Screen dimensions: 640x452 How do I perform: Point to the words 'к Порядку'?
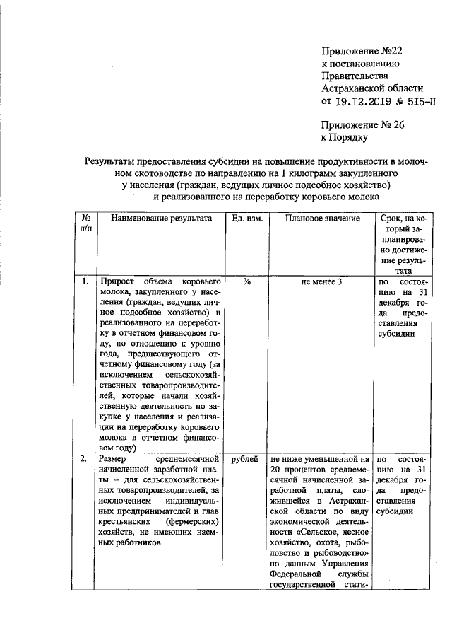[345, 139]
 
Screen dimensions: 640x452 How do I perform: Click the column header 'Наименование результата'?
[156, 219]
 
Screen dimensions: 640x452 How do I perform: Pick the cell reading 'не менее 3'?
[321, 281]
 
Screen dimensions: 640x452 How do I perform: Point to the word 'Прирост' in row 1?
[117, 281]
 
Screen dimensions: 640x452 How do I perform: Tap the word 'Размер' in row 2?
[115, 460]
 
